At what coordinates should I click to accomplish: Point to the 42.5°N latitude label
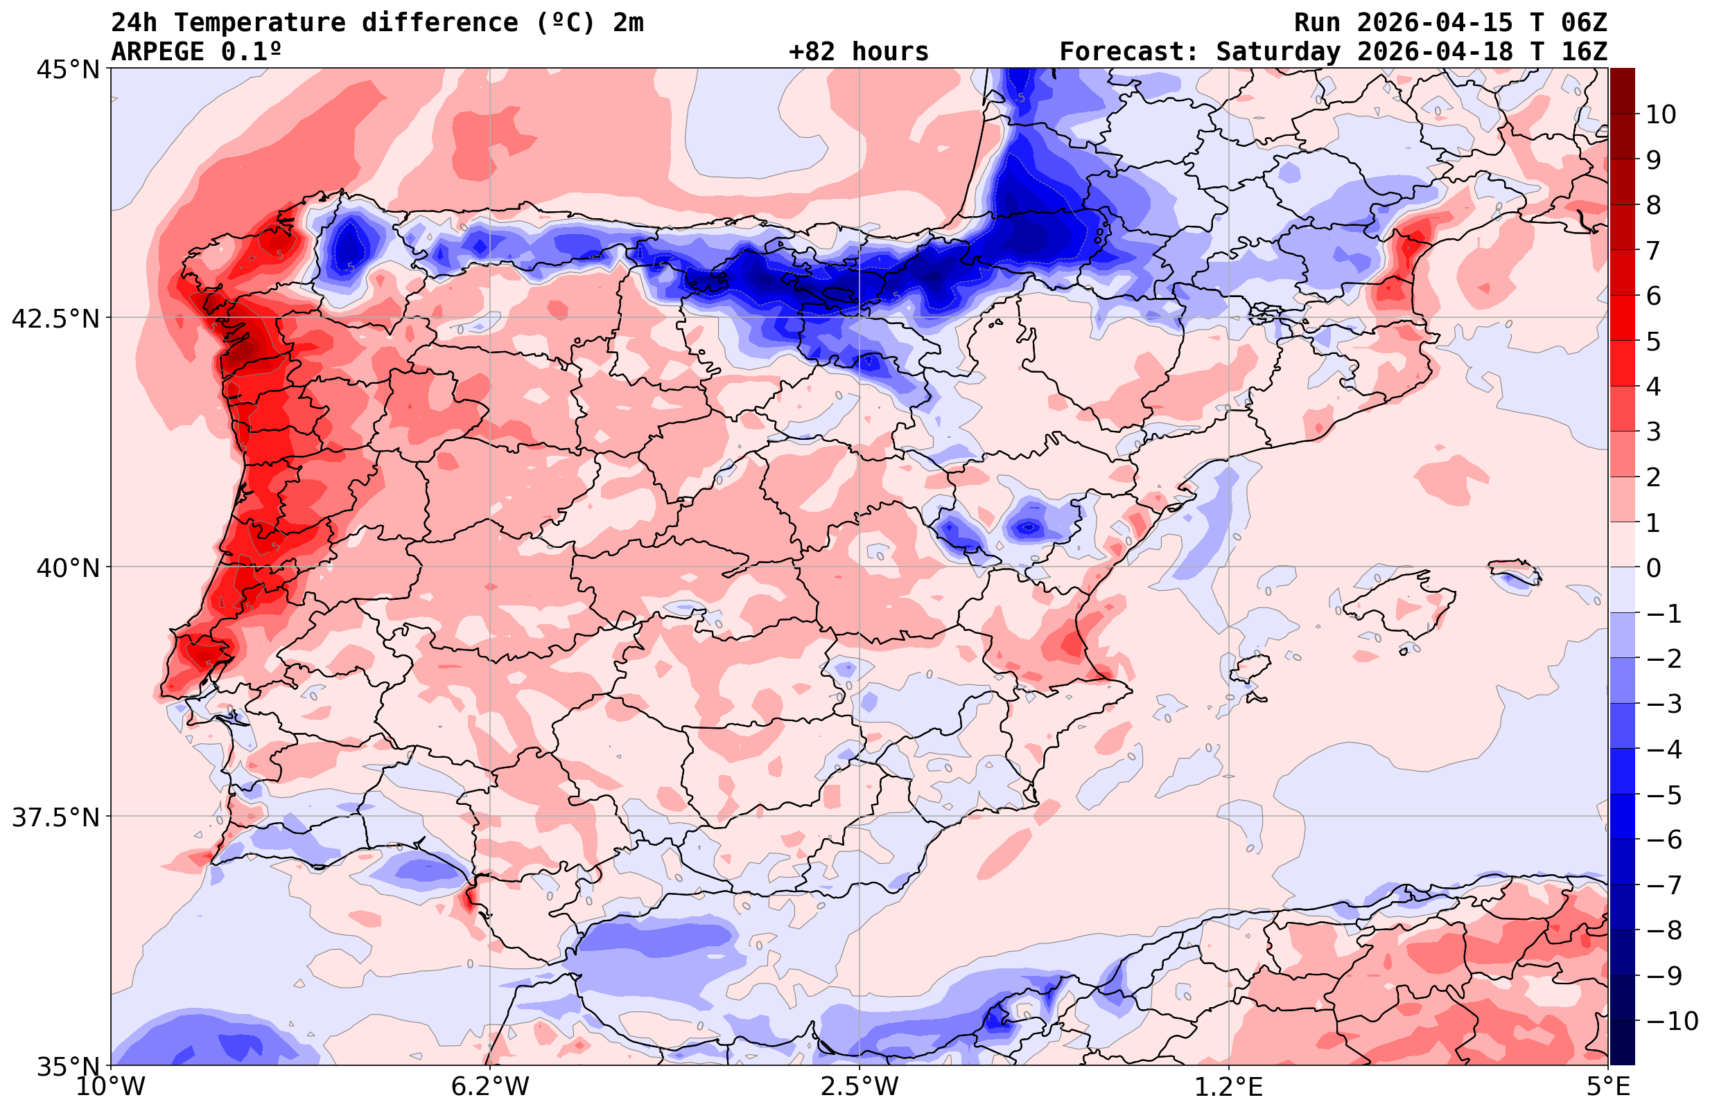55,319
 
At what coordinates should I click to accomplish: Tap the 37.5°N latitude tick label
55,817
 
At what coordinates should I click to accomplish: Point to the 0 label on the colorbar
1653,568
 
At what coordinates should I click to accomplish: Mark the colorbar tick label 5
1653,341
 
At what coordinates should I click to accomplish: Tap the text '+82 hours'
859,52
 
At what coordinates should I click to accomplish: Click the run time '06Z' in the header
1584,23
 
